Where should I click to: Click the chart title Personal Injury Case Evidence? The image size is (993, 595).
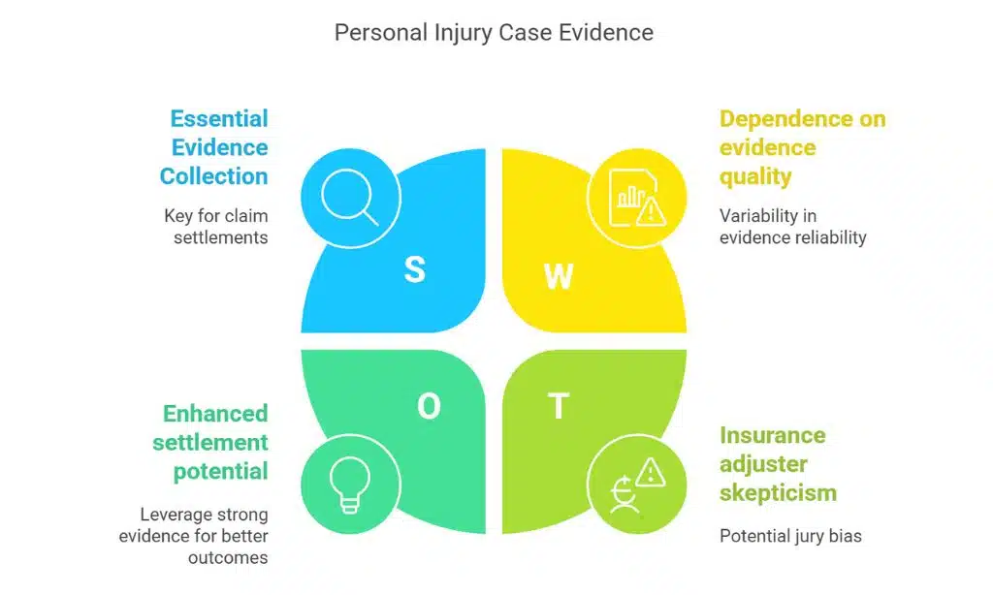pyautogui.click(x=494, y=32)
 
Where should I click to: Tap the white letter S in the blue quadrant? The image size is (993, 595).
pyautogui.click(x=414, y=269)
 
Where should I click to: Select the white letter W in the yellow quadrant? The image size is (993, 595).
pyautogui.click(x=559, y=276)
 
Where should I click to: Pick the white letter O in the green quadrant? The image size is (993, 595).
pyautogui.click(x=429, y=407)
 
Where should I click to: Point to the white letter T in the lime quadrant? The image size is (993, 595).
pyautogui.click(x=559, y=407)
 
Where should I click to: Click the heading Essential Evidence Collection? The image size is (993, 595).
pyautogui.click(x=214, y=147)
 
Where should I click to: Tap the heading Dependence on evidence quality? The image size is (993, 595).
pyautogui.click(x=802, y=147)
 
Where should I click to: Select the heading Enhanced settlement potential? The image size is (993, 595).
pyautogui.click(x=215, y=442)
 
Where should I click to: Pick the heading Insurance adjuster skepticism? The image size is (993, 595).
pyautogui.click(x=777, y=463)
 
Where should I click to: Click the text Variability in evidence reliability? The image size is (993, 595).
pyautogui.click(x=792, y=226)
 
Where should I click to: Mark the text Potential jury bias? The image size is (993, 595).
pyautogui.click(x=789, y=536)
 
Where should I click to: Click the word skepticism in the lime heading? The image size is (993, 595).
pyautogui.click(x=777, y=492)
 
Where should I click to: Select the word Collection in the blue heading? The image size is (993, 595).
pyautogui.click(x=214, y=176)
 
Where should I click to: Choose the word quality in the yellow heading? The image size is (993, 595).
pyautogui.click(x=755, y=176)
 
